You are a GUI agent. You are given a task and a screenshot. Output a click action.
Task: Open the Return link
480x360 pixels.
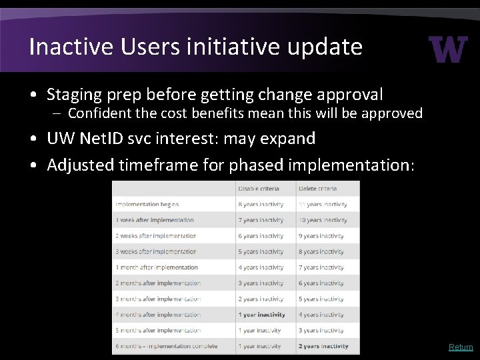461,347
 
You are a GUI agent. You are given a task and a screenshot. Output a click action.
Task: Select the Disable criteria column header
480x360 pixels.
259,188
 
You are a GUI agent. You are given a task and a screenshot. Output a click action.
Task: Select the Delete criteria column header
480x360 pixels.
319,188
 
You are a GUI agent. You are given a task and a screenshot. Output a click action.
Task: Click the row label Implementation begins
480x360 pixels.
147,204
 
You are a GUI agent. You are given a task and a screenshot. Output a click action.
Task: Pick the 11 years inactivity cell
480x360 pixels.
323,204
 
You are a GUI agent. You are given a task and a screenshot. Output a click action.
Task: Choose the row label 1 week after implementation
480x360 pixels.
154,220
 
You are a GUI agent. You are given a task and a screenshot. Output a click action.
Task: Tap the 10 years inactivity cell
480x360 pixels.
323,220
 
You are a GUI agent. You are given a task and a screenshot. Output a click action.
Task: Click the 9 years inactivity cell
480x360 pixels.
321,235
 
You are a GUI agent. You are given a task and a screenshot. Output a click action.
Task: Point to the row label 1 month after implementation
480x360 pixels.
157,267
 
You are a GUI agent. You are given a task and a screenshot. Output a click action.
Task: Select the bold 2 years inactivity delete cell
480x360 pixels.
324,346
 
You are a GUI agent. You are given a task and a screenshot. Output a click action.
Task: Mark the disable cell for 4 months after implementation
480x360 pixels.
261,315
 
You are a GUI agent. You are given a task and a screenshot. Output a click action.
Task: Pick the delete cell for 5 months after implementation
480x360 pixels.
321,330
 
